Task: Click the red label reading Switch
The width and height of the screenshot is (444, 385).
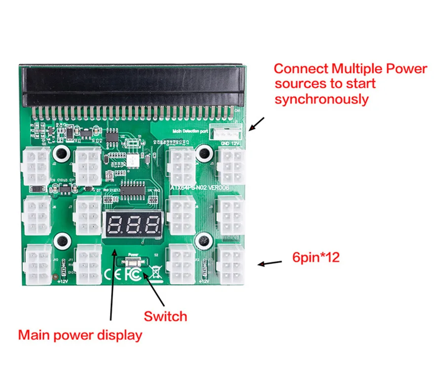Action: click(165, 316)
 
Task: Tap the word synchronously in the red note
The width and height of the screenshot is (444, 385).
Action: click(322, 99)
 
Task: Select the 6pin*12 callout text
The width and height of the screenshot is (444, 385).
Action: click(316, 257)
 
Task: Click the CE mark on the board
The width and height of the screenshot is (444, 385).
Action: click(112, 272)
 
